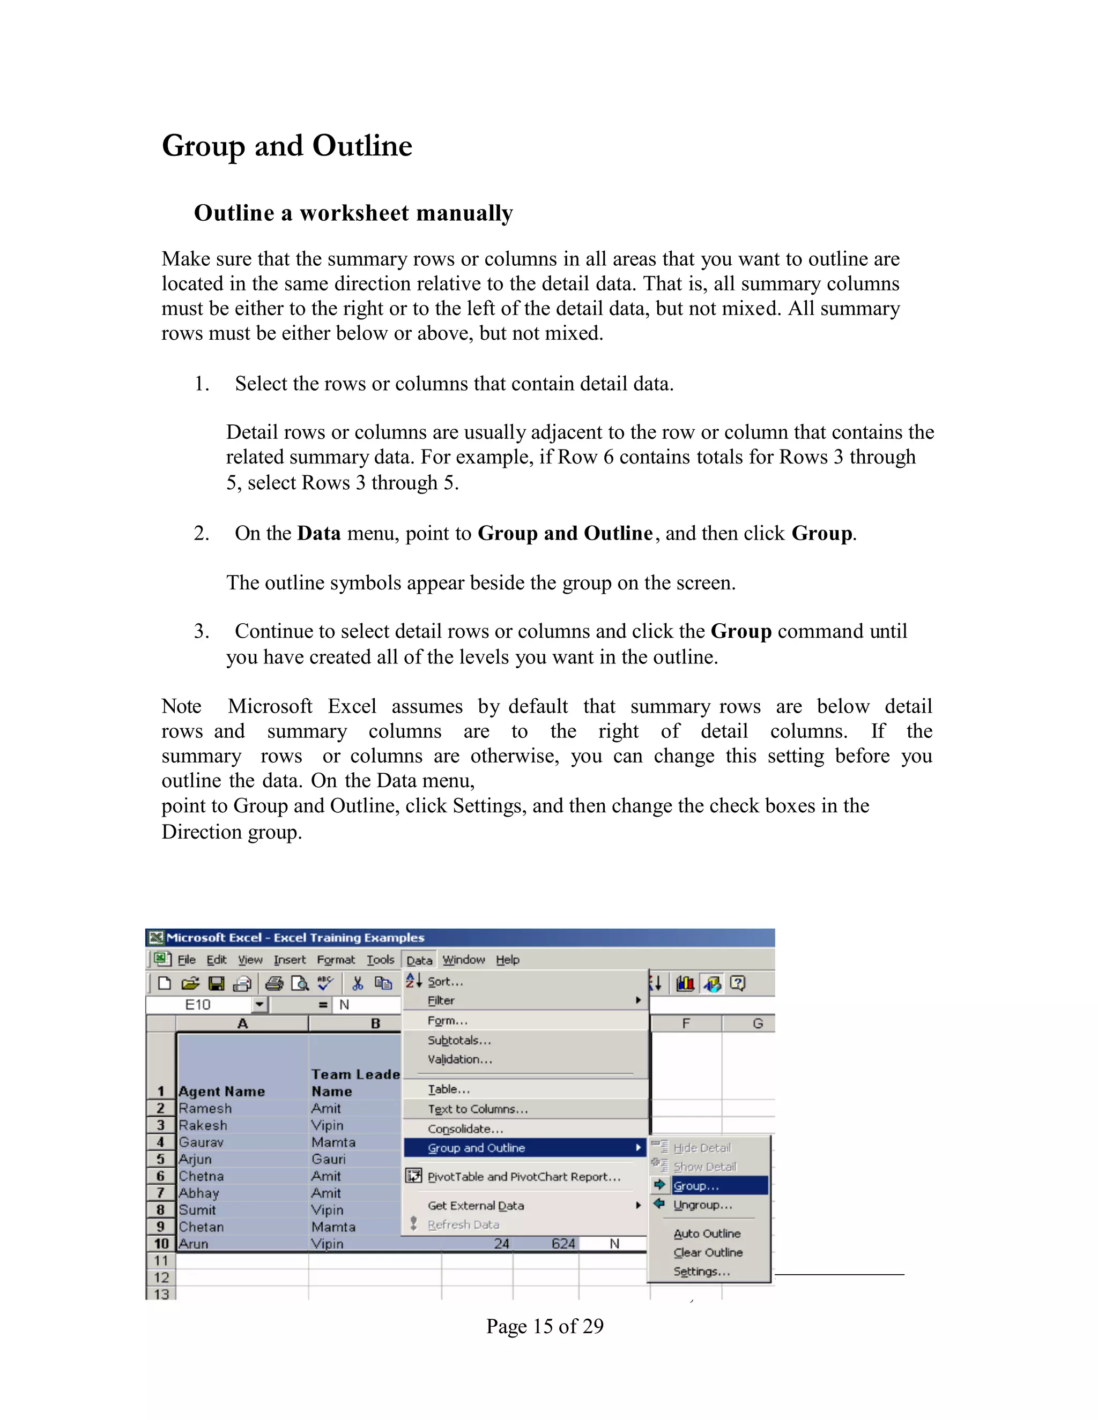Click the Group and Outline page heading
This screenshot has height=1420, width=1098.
287,146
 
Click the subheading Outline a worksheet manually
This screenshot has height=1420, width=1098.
353,213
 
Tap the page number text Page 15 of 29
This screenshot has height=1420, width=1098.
545,1326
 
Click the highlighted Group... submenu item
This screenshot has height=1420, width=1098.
696,1186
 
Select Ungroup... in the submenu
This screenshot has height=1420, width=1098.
702,1205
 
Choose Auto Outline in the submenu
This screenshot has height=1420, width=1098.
707,1234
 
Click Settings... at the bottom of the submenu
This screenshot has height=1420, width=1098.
702,1271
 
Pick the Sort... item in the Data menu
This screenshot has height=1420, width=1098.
445,982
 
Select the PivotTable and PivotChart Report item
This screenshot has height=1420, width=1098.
524,1176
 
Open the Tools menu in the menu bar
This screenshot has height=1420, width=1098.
380,960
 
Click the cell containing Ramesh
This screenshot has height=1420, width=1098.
205,1108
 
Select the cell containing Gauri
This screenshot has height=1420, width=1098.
329,1159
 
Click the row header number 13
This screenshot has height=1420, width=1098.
161,1294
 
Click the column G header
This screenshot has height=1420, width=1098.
757,1023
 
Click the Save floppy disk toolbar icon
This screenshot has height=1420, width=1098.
216,983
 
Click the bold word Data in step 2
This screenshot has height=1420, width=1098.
319,533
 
